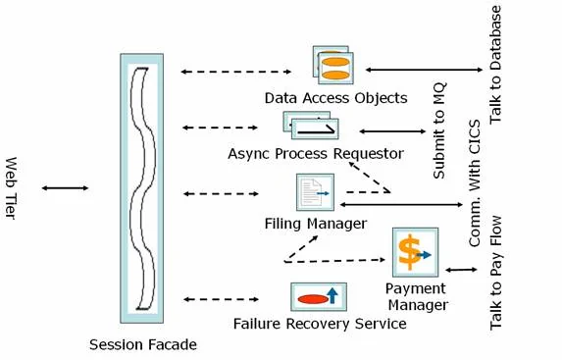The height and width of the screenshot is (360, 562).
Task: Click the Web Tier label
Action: tap(11, 188)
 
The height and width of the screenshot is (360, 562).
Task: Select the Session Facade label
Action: tap(143, 344)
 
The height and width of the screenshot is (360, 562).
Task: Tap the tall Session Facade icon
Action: tap(142, 188)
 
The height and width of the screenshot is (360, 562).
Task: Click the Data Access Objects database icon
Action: tap(332, 65)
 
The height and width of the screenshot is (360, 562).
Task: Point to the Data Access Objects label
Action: tap(335, 98)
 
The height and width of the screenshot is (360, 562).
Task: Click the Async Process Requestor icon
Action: tap(311, 126)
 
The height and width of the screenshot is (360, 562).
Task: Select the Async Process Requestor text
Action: tap(316, 154)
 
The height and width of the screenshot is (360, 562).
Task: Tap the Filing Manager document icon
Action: tap(316, 192)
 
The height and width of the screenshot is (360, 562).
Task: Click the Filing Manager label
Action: tap(316, 224)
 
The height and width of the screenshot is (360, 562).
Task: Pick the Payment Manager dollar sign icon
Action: tap(416, 252)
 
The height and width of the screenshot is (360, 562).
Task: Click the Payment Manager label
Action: tap(418, 297)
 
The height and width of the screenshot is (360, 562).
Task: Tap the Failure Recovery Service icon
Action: tap(319, 296)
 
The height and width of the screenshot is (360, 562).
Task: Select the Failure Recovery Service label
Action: tap(320, 324)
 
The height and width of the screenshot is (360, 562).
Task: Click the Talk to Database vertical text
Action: tap(495, 65)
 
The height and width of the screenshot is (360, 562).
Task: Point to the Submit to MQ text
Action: tap(439, 130)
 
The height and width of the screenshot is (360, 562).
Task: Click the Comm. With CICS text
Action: tap(474, 183)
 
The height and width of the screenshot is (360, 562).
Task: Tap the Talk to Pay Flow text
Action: tap(496, 273)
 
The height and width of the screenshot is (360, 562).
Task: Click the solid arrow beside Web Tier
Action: tap(65, 188)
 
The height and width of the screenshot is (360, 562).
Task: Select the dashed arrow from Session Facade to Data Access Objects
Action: tap(235, 72)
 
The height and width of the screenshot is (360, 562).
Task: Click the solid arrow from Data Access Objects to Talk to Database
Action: tap(424, 70)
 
